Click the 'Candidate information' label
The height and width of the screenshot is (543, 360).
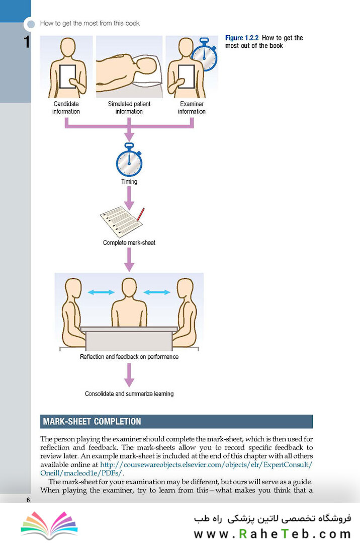66,107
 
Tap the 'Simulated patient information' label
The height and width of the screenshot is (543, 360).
129,107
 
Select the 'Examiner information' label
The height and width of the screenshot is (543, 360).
192,107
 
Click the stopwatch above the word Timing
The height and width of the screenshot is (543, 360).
129,160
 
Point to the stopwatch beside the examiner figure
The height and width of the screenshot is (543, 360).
205,54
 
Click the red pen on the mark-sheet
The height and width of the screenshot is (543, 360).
140,215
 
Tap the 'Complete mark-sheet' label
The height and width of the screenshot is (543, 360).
129,243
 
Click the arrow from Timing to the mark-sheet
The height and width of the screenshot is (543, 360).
129,198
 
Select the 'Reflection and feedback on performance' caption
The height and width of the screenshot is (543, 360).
129,357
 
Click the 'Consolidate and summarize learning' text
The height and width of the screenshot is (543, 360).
129,394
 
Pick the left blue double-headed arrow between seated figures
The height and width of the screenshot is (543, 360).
101,292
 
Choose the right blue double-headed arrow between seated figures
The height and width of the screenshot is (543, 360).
157,292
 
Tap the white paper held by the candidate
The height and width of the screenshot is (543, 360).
67,76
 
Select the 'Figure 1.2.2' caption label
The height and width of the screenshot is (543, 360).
242,38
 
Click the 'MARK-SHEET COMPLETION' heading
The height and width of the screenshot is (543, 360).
92,421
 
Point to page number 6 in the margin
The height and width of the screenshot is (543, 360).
28,500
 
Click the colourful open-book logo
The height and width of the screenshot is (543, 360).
49,525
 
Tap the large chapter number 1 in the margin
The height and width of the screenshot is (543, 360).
27,42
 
